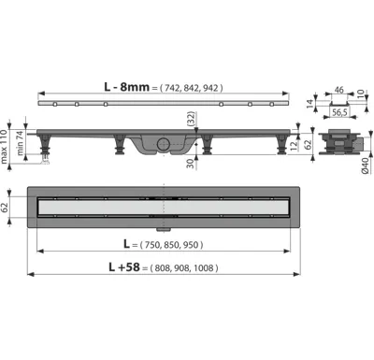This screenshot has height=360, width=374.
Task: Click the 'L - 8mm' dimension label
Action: pyautogui.click(x=126, y=87)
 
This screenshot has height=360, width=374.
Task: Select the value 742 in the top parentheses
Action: pyautogui.click(x=172, y=88)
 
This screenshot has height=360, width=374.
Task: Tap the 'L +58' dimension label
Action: pyautogui.click(x=124, y=267)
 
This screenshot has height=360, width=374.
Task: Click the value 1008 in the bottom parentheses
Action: pyautogui.click(x=204, y=268)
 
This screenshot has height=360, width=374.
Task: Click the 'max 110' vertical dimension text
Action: pyautogui.click(x=4, y=147)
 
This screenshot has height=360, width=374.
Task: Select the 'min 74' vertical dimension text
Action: pyautogui.click(x=20, y=143)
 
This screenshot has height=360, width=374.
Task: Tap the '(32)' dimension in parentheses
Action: pyautogui.click(x=191, y=119)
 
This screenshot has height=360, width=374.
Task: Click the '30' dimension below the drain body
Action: pyautogui.click(x=191, y=162)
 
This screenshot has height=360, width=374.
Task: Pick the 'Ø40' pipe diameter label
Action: pyautogui.click(x=366, y=166)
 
